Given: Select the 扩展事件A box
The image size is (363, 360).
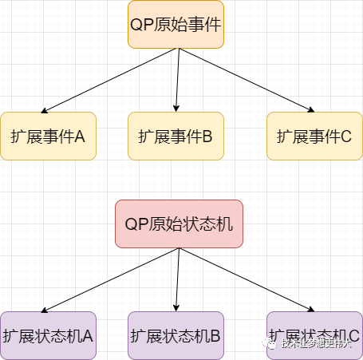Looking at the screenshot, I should (48, 136).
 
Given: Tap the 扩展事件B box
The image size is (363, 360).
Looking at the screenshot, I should (176, 136).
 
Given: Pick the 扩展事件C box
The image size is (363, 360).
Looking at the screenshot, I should (314, 136).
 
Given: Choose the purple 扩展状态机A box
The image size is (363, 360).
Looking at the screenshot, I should (48, 335).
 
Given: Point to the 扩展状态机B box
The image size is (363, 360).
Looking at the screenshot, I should (176, 335).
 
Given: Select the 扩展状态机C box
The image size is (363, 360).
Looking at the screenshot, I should (314, 335).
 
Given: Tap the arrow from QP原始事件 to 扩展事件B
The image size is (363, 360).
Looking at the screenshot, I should (179, 80).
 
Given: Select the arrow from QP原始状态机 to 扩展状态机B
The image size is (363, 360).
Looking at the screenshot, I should (179, 279).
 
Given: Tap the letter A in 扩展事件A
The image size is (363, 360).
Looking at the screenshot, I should (79, 136).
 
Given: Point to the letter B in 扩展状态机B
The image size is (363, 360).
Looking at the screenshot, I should (215, 336).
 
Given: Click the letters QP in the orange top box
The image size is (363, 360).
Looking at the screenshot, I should (140, 24).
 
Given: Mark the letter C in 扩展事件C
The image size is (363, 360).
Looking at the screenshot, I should (345, 136).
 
